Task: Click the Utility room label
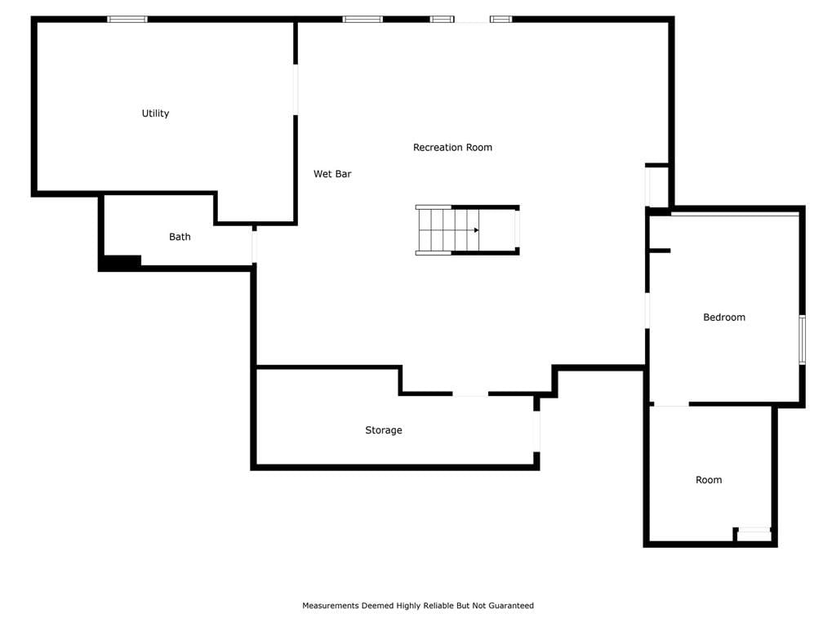tap(155, 113)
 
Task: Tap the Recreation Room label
tap(452, 147)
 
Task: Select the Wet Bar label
tap(332, 174)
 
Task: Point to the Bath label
tap(180, 237)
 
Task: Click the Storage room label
tap(384, 430)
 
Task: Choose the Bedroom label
tap(724, 318)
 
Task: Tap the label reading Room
tap(709, 480)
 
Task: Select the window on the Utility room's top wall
tap(127, 20)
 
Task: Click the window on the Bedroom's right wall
tap(802, 340)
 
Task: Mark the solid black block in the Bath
tap(122, 262)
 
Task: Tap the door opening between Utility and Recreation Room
tap(296, 90)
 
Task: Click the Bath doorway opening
tap(255, 247)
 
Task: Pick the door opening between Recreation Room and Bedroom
tap(647, 310)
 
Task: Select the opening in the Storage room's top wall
tap(470, 394)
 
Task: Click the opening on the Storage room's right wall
tap(537, 431)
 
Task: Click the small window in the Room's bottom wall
tap(754, 530)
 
